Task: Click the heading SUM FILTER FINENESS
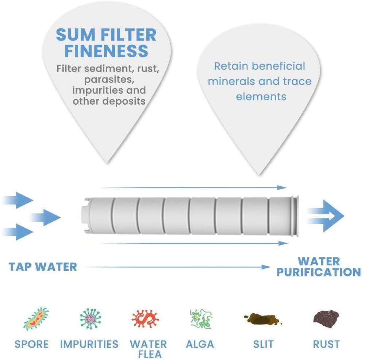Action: point(106,43)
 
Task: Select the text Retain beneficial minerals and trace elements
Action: point(260,81)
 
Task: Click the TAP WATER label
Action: point(43,267)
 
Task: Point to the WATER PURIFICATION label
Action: point(318,267)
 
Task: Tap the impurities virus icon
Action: point(90,318)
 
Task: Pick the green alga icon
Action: point(200,318)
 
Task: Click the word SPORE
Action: point(32,344)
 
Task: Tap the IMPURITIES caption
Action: point(89,344)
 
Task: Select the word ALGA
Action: point(200,344)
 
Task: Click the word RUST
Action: point(326,344)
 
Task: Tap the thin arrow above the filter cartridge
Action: point(193,187)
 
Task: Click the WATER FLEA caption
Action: point(148,348)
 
